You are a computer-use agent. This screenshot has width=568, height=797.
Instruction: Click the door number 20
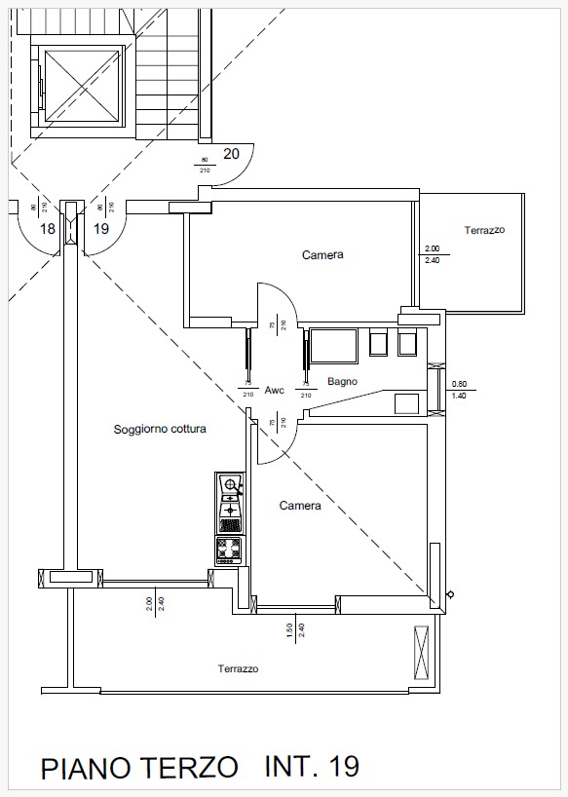coord(232,153)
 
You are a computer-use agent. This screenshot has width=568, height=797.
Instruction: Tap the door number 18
coord(47,229)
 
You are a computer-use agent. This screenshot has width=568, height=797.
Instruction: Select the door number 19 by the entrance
coord(100,229)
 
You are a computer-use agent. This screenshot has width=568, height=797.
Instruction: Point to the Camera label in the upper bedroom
coord(322,255)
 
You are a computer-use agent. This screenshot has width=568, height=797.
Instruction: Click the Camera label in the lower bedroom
coord(300,506)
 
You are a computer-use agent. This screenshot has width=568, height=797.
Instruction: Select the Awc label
coord(275,390)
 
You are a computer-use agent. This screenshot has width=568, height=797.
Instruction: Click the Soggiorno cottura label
coord(160,429)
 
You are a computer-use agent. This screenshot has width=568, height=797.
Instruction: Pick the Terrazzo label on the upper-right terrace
coord(484,231)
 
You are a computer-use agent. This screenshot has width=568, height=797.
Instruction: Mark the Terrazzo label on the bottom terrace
coord(238,669)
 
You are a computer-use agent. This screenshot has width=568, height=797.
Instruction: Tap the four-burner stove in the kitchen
coord(229,550)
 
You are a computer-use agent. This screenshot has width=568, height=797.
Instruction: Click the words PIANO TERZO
coord(139,768)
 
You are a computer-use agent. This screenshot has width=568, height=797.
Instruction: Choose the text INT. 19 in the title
coord(312,766)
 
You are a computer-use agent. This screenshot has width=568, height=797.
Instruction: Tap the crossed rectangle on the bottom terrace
coord(421,653)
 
